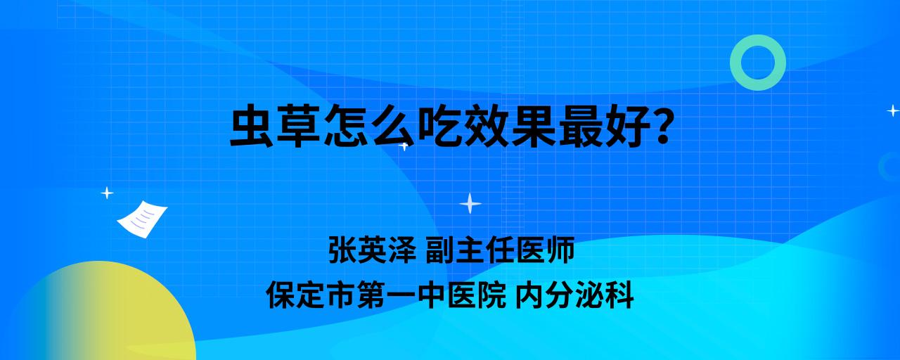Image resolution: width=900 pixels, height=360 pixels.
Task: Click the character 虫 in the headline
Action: click(252, 126)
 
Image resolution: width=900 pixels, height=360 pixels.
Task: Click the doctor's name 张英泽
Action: click(373, 250)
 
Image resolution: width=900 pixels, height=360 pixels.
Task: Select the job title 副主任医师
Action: click(500, 250)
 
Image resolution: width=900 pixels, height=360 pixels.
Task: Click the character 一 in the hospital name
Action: click(401, 295)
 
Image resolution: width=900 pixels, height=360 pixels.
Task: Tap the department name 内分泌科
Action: click(574, 295)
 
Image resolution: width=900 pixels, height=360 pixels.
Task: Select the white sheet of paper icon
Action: click(142, 219)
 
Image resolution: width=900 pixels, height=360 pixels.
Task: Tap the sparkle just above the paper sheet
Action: click(107, 193)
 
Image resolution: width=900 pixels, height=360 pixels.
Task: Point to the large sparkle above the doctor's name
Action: click(470, 203)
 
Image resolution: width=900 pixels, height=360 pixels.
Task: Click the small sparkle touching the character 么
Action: click(404, 146)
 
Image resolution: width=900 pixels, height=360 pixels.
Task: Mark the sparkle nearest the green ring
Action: click(893, 110)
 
